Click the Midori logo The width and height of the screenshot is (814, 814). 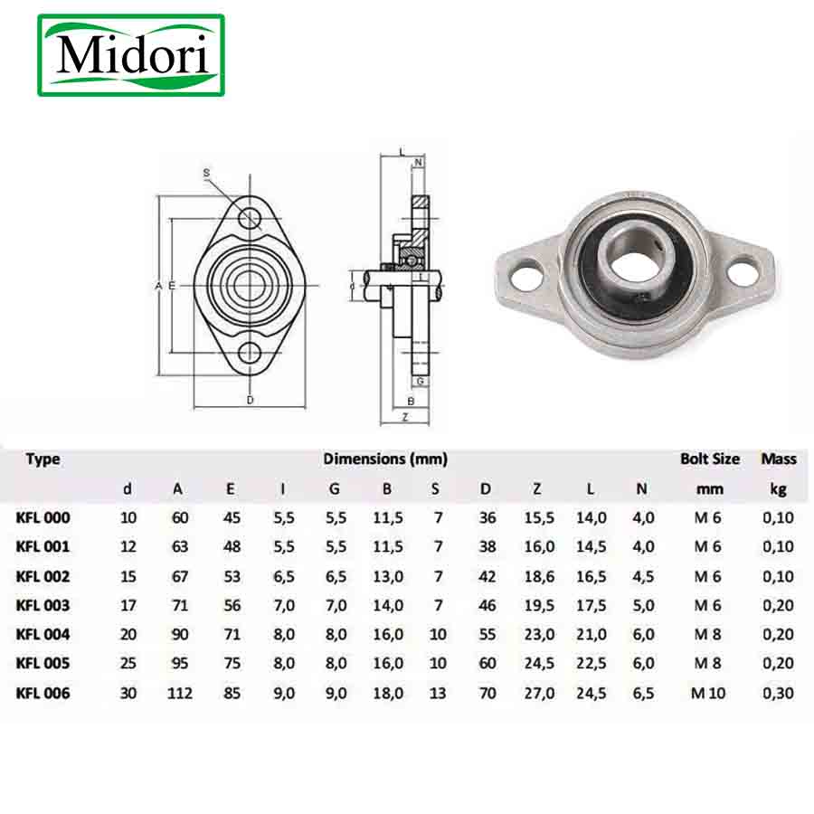click(131, 55)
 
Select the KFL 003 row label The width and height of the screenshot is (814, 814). click(43, 605)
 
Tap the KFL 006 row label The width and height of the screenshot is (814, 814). click(43, 693)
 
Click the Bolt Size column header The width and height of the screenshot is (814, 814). click(710, 459)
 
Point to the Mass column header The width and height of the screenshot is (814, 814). click(779, 459)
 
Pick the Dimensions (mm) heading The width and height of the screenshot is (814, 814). click(385, 459)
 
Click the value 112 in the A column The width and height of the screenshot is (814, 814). click(180, 693)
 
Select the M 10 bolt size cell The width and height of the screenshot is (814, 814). click(708, 693)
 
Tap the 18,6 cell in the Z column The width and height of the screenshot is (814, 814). click(539, 576)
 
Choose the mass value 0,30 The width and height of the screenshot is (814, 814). click(778, 693)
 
